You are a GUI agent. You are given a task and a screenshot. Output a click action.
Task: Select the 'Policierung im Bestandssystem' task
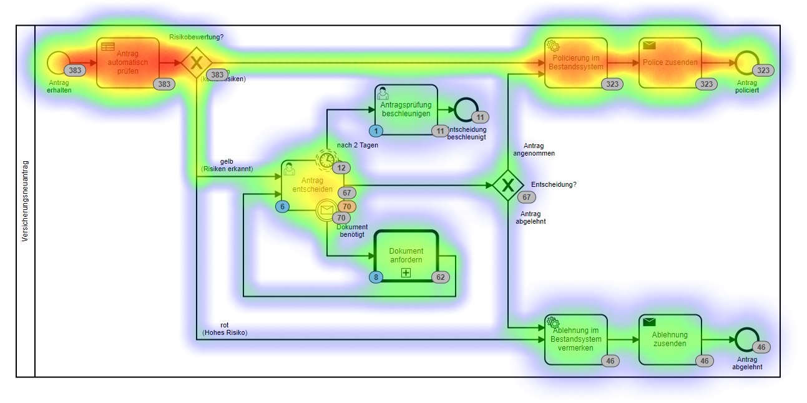point(575,62)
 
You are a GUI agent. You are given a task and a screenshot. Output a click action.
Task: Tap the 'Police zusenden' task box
point(670,62)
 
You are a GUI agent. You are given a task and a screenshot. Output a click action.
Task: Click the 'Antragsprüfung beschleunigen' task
point(406,109)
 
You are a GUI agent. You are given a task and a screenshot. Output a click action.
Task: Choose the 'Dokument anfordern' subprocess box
point(406,256)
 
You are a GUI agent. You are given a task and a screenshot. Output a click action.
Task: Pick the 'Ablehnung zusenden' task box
point(670,339)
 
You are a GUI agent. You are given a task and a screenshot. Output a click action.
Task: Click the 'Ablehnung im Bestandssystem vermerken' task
point(575,339)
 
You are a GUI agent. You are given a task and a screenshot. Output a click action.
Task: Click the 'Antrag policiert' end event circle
point(746,62)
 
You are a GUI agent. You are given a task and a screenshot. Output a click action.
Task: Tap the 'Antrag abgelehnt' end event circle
point(746,339)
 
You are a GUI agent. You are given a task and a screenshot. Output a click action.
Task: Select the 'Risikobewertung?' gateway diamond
point(197,62)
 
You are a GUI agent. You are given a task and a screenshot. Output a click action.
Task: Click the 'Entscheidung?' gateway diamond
point(508,185)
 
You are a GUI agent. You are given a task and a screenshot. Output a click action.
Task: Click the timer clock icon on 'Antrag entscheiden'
point(326,160)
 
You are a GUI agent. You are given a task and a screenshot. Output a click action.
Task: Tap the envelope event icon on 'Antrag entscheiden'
point(326,211)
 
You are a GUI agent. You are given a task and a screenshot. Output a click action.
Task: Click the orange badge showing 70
point(347,206)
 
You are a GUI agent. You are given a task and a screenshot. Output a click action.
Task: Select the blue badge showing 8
point(376,276)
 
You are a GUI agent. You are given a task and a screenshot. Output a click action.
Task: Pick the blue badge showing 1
point(376,131)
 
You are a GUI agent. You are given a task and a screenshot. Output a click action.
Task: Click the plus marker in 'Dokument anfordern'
point(406,272)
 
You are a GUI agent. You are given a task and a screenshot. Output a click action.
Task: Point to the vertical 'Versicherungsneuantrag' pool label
point(25,201)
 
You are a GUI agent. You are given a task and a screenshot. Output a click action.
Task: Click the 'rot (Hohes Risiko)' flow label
point(225,329)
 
